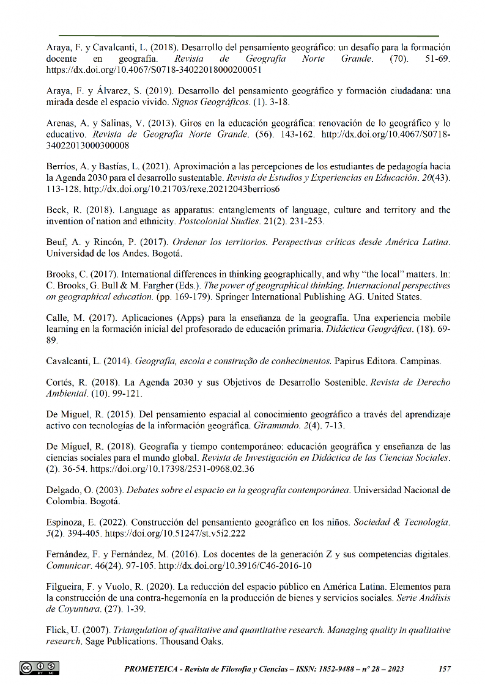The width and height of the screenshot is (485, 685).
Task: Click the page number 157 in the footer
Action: pos(445,669)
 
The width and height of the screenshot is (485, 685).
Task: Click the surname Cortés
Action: pos(61,383)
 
